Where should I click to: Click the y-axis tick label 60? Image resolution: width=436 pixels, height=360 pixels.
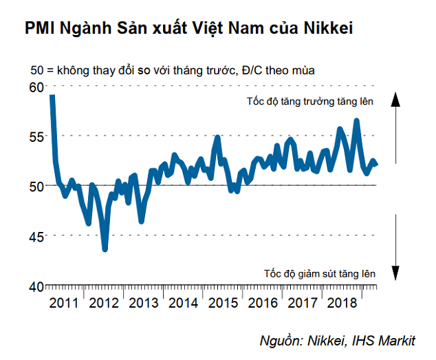pyautogui.click(x=36, y=87)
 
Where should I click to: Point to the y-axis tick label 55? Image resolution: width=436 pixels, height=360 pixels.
pyautogui.click(x=36, y=136)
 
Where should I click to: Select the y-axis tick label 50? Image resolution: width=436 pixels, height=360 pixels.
pyautogui.click(x=36, y=186)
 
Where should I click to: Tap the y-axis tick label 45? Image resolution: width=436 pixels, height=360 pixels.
pyautogui.click(x=36, y=236)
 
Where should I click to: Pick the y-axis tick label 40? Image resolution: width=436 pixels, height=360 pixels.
pyautogui.click(x=36, y=286)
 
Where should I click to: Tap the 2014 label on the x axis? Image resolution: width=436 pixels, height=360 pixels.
pyautogui.click(x=184, y=303)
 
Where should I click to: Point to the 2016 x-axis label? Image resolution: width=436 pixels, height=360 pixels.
pyautogui.click(x=263, y=303)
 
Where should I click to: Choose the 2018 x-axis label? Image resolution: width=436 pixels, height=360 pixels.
pyautogui.click(x=342, y=303)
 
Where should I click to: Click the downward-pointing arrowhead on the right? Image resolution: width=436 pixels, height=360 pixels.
pyautogui.click(x=396, y=273)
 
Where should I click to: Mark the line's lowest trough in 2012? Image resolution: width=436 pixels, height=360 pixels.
pyautogui.click(x=105, y=249)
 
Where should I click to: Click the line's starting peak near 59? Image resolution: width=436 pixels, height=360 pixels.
pyautogui.click(x=52, y=96)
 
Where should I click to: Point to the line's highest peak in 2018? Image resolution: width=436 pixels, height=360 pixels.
pyautogui.click(x=356, y=120)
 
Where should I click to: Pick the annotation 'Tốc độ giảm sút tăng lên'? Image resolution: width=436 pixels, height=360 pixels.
pyautogui.click(x=319, y=273)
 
